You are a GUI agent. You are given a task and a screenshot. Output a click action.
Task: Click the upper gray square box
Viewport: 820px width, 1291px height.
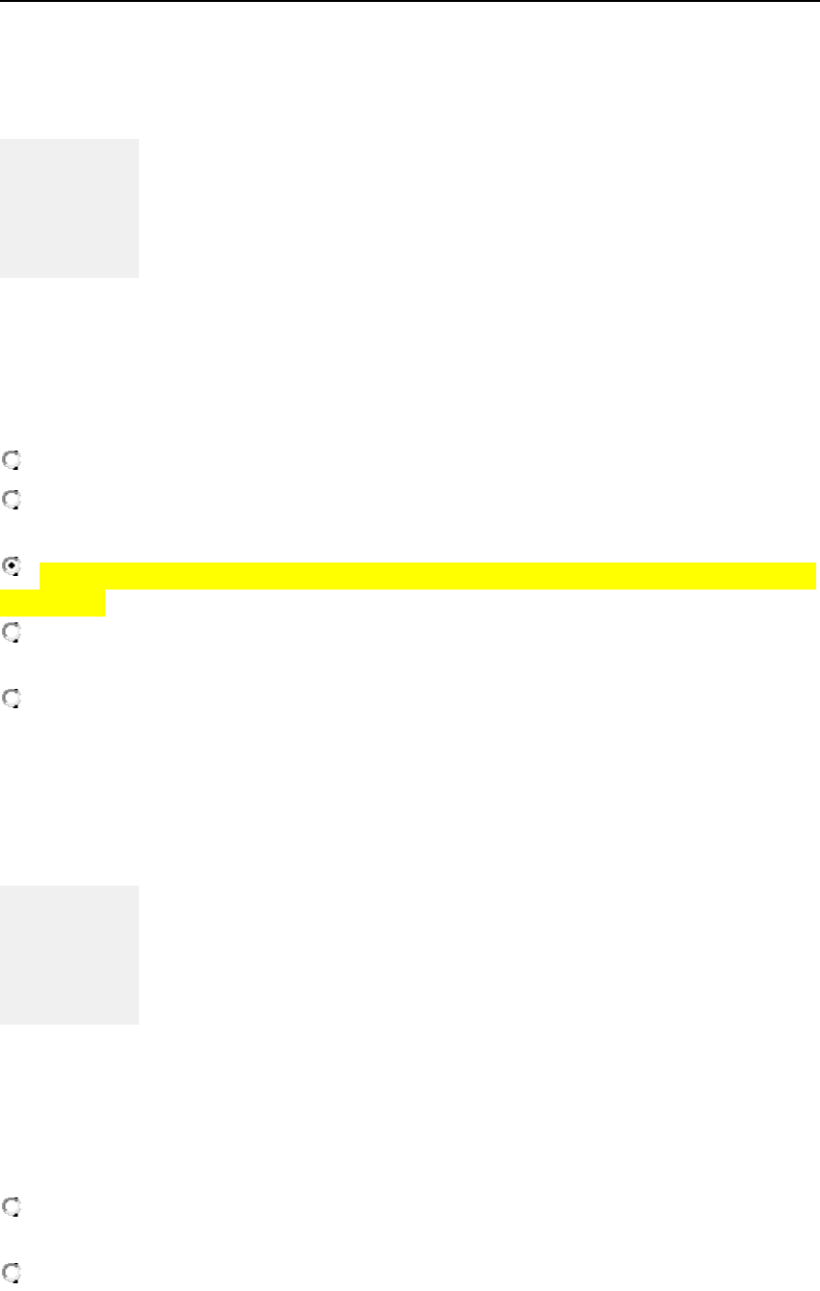[69, 208]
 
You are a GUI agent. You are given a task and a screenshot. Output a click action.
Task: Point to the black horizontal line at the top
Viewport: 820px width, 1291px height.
[410, 2]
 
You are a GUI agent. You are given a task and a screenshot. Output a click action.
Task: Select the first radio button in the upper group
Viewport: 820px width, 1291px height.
[11, 461]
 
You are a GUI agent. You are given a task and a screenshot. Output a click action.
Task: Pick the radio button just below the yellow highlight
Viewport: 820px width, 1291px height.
[11, 632]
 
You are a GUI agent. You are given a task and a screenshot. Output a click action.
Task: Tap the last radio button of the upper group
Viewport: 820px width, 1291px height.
[11, 698]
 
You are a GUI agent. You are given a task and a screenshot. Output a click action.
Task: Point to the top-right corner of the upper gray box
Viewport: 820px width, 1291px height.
[138, 141]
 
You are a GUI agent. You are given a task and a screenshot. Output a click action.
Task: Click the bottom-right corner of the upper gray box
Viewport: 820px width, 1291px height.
[138, 277]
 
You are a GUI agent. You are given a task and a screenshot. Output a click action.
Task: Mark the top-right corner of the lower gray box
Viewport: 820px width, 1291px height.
[138, 887]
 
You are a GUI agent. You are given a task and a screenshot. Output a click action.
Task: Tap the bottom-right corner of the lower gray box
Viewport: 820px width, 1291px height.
[138, 1023]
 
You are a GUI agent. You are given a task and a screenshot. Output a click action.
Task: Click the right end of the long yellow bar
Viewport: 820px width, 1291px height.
[814, 576]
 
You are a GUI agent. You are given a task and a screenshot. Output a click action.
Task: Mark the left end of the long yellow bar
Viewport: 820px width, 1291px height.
[41, 576]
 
